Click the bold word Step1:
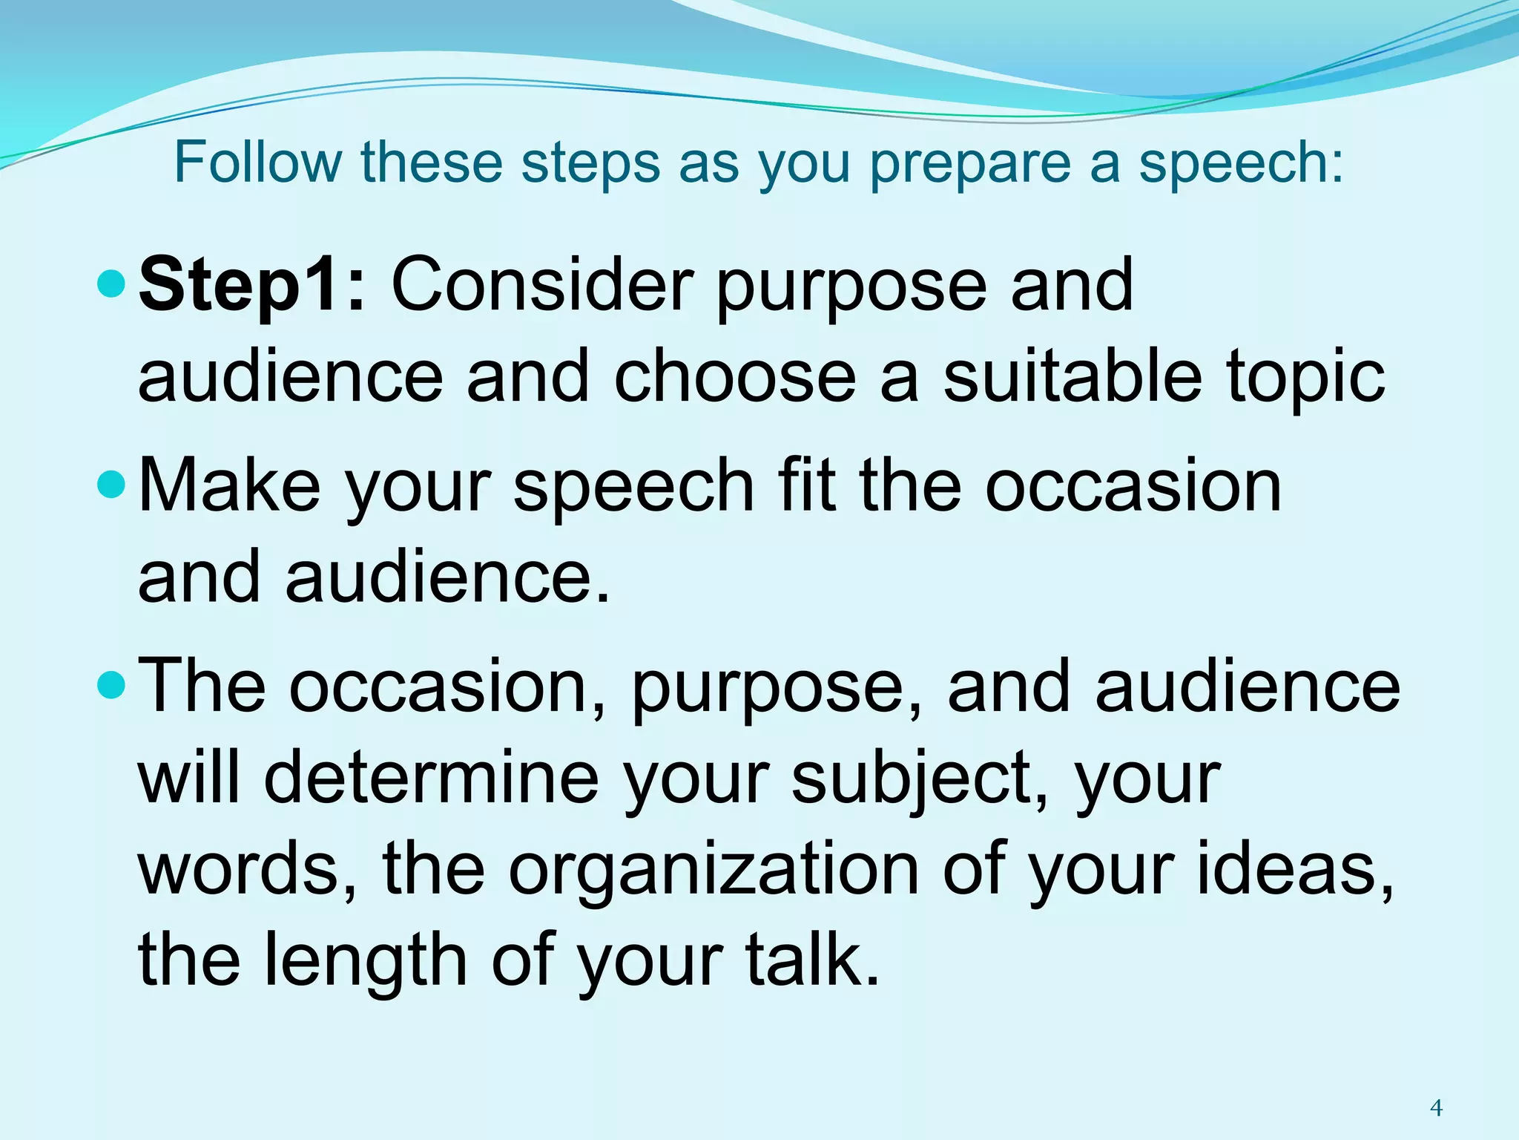[252, 286]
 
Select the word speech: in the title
[1241, 163]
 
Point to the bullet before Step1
[113, 284]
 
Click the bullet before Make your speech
[113, 485]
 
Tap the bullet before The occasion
[113, 686]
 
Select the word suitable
[1072, 376]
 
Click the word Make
[230, 485]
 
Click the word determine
[431, 778]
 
